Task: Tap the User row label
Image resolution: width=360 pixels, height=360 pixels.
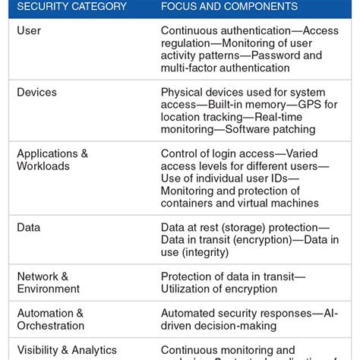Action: coord(29,30)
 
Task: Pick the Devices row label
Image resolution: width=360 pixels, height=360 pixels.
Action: coord(36,92)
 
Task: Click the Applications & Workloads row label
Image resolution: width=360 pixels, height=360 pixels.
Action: coord(52,159)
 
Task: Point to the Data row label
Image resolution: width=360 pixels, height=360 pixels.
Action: coord(29,227)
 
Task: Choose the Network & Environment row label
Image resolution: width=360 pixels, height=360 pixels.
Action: coord(48,283)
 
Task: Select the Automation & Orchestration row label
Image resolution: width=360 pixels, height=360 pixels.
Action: coord(51,319)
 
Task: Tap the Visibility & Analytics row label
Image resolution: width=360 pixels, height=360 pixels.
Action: coord(67,350)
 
